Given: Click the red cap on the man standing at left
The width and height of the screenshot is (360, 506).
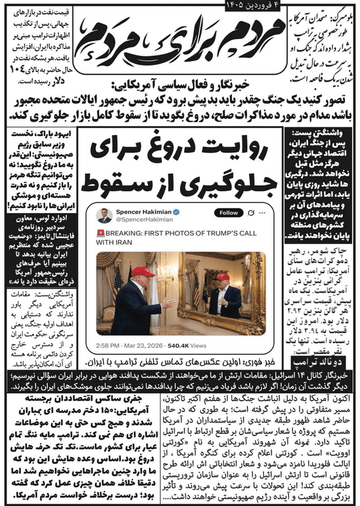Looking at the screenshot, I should (142, 271).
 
